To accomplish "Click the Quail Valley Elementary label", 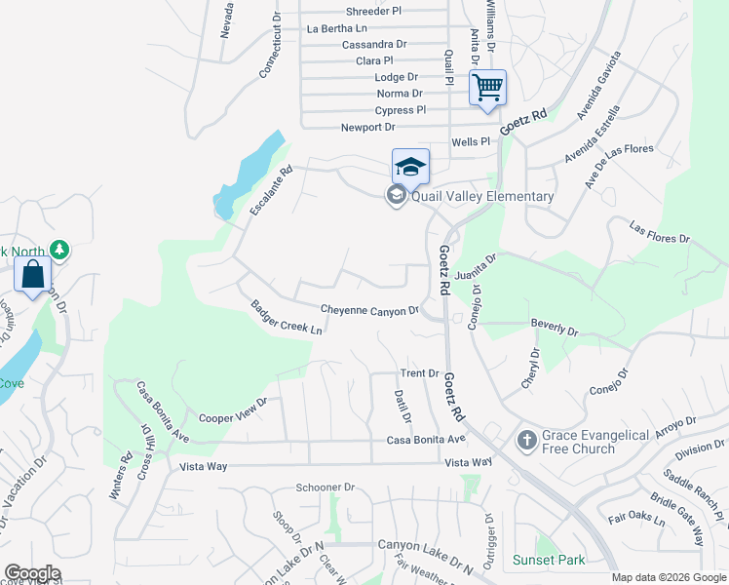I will coord(481,197).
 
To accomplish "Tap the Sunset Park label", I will coord(550,560).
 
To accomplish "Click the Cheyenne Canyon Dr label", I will coord(369,310).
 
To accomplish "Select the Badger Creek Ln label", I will coord(286,317).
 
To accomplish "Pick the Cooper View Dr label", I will coord(232,409).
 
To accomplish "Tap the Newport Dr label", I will coord(367,128).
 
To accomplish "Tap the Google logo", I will coord(32,573).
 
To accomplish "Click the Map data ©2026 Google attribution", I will coord(668,577).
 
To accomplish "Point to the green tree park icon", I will coord(59,251).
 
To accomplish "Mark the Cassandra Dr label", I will coord(374,45).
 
